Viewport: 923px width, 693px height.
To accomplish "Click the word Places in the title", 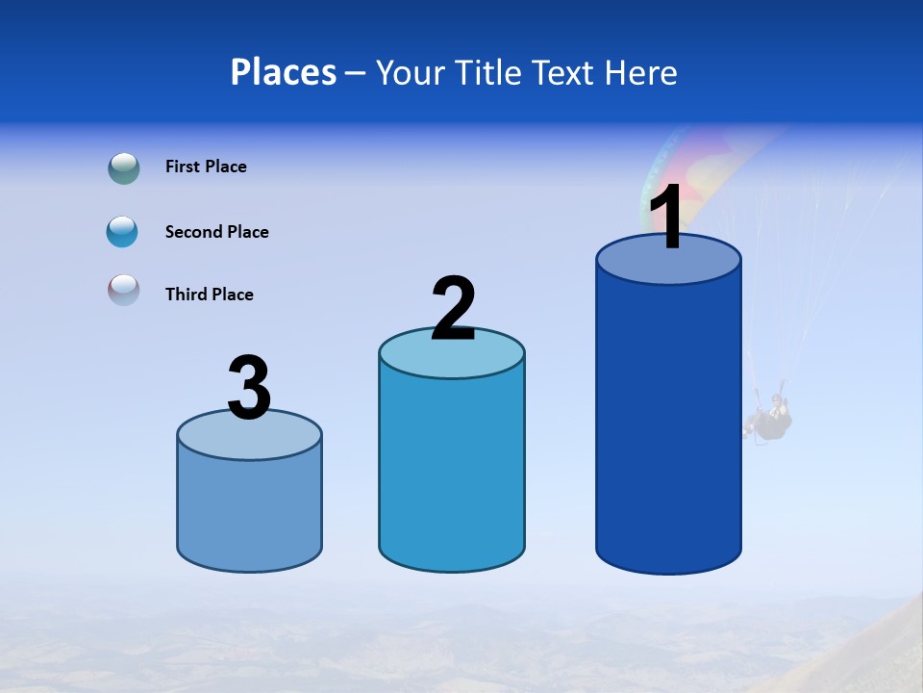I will point(284,72).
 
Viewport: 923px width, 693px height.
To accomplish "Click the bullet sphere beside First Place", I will point(123,168).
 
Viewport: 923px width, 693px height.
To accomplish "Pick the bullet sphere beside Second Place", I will point(123,232).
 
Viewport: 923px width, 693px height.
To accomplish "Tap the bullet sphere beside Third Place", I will point(123,290).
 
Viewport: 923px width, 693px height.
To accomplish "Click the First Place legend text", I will point(206,167).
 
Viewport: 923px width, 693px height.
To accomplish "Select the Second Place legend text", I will point(216,232).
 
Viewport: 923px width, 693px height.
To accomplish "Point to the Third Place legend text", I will point(209,295).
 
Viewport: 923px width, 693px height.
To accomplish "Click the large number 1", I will point(667,218).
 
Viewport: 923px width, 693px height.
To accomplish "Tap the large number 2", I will point(453,309).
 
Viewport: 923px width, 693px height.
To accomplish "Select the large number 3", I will point(250,389).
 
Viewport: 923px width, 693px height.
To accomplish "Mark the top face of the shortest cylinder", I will point(250,439).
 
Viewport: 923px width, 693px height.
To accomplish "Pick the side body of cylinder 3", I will point(250,510).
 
